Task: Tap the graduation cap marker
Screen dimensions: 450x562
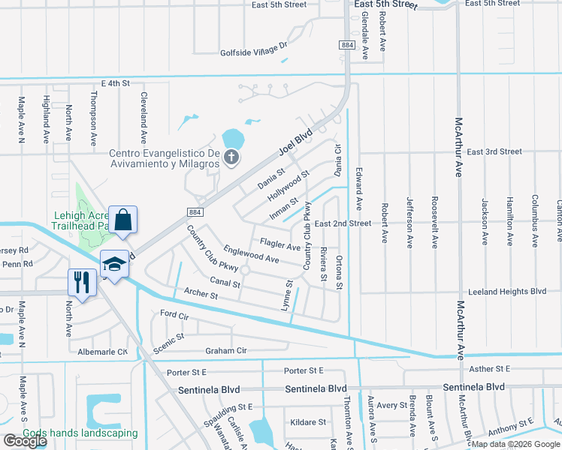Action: [114, 264]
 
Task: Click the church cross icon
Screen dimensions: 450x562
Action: [232, 157]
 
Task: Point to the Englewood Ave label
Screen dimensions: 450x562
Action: [251, 255]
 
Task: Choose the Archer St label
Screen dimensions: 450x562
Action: [201, 295]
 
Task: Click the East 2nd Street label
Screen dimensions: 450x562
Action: [343, 223]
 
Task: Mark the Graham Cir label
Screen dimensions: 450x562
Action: [225, 350]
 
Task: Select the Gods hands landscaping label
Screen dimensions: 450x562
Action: [80, 433]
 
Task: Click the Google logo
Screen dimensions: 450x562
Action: [26, 441]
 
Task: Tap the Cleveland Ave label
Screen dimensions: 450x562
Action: [142, 118]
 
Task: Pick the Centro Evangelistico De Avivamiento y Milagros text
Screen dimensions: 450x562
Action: [163, 159]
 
